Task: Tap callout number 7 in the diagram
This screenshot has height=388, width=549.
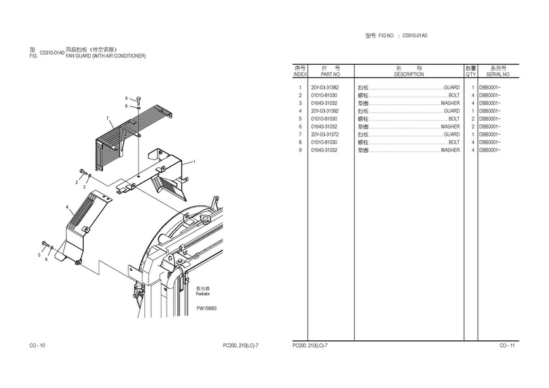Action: coord(107,118)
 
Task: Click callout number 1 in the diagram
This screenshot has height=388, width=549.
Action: coord(193,162)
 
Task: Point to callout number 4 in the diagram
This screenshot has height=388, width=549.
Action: coord(67,207)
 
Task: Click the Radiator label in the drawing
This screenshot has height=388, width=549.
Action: coord(203,294)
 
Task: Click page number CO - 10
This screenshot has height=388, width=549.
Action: coord(37,345)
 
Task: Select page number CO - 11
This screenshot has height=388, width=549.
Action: coord(507,345)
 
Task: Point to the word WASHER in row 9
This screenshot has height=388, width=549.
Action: coord(450,150)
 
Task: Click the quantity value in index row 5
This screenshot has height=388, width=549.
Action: coord(473,119)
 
